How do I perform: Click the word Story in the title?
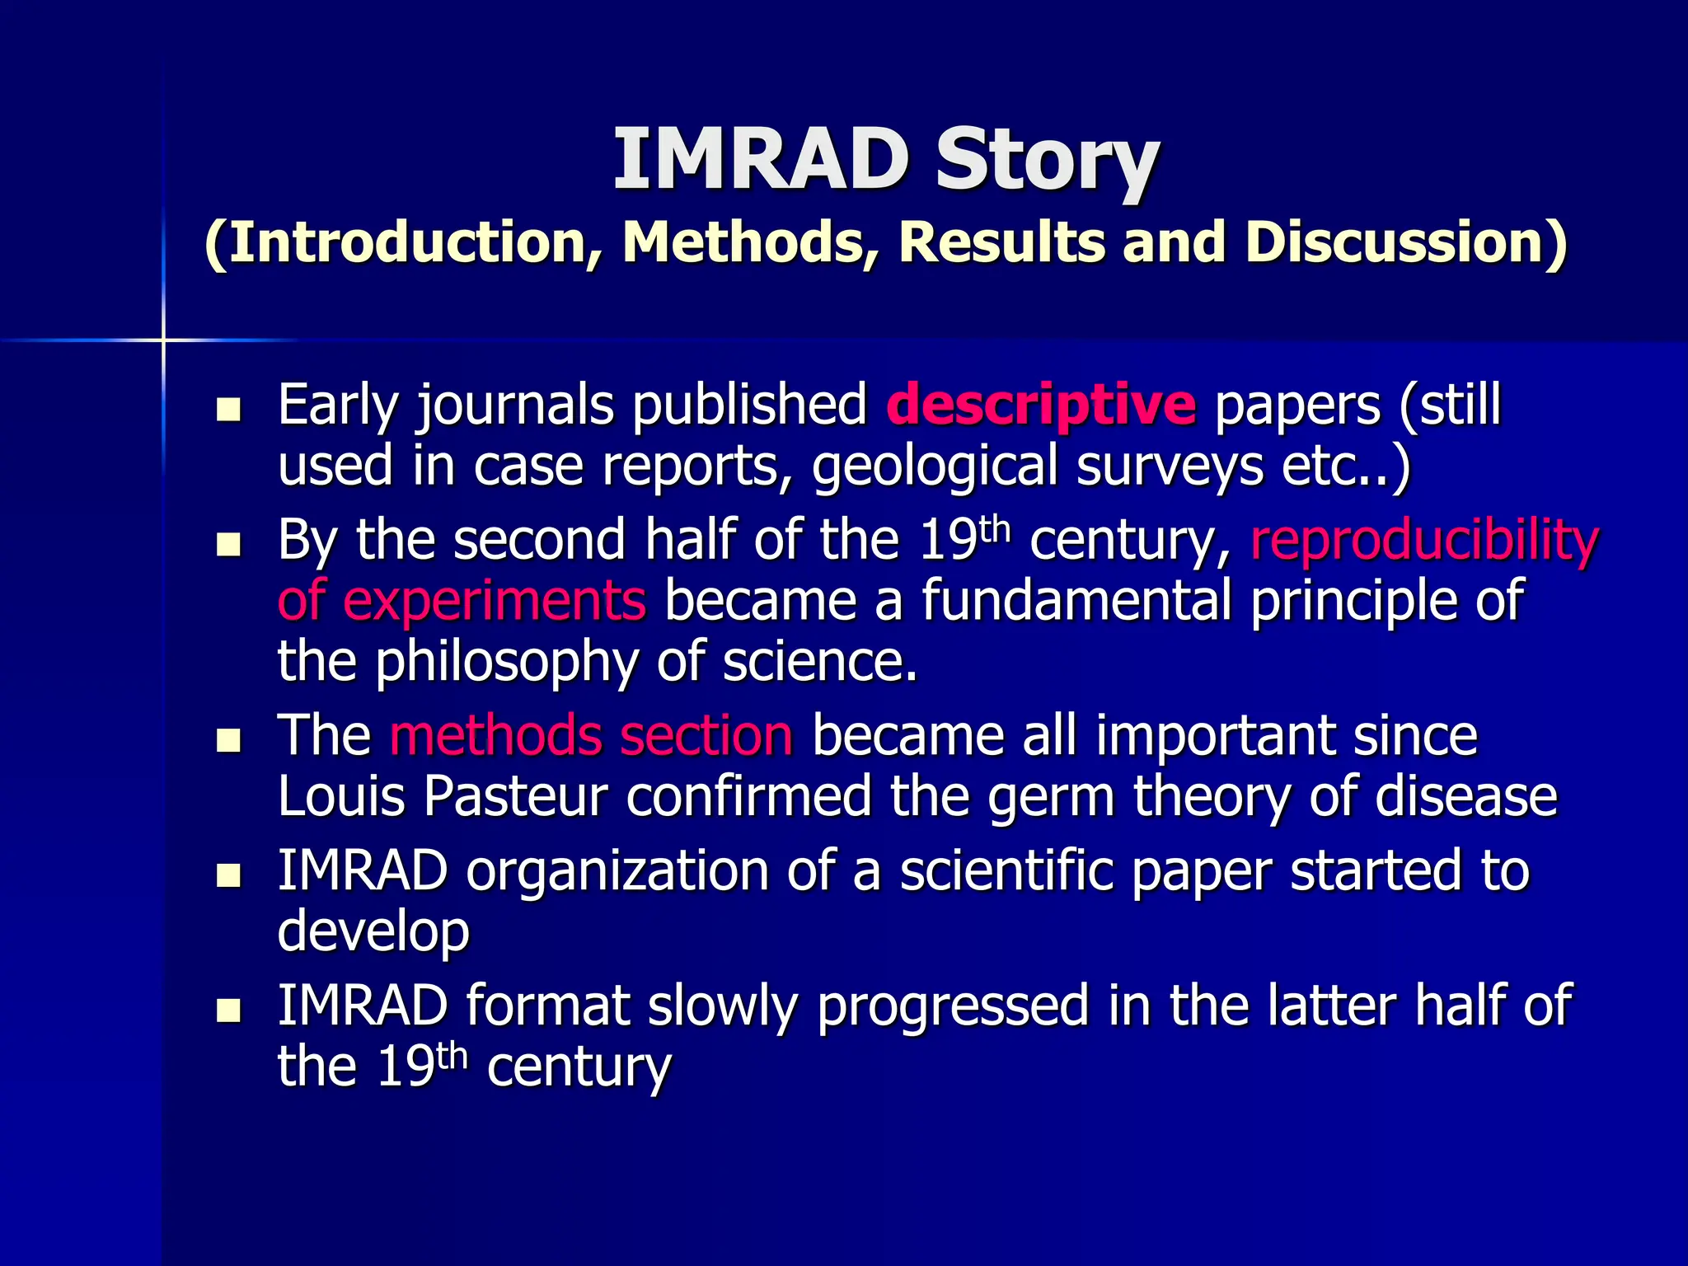[x=1047, y=161]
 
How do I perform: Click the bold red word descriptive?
[x=1040, y=406]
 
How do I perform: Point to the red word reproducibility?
[x=1424, y=541]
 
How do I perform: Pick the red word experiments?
[x=493, y=600]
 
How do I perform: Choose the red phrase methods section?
[x=591, y=735]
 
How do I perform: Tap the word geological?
[x=935, y=467]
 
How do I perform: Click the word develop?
[x=373, y=931]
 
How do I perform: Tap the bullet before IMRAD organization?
[x=227, y=874]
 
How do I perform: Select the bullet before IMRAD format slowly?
[x=227, y=1010]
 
